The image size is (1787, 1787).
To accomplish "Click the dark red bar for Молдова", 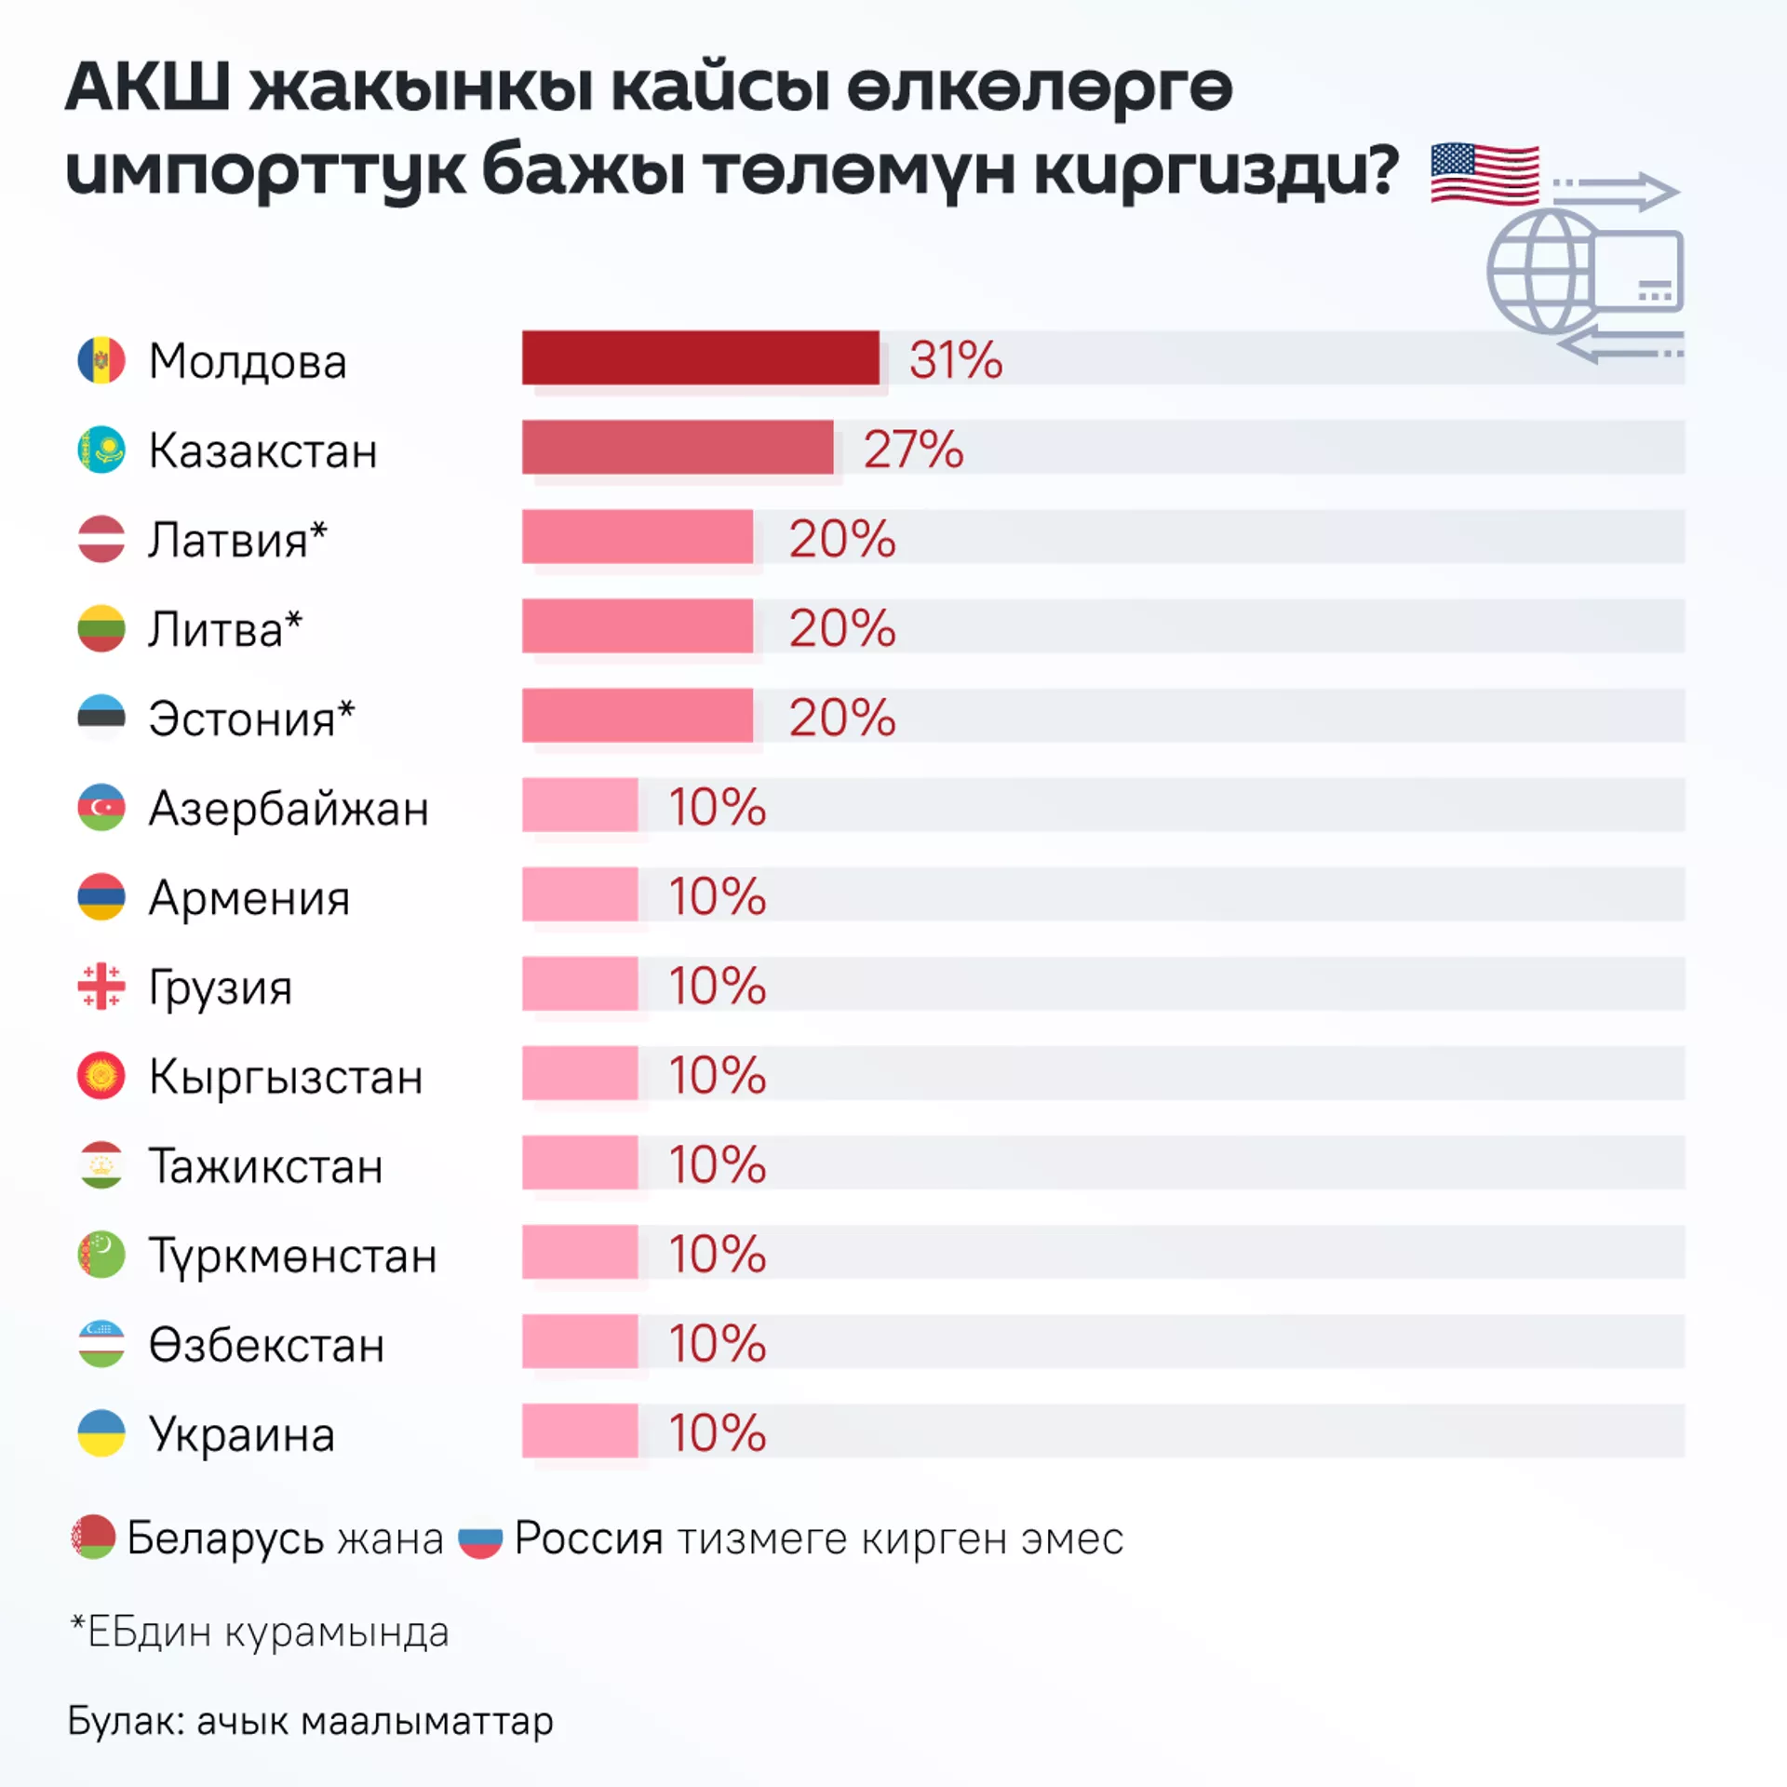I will (700, 357).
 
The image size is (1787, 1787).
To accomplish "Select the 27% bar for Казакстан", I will (677, 447).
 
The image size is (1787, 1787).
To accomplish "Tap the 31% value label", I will (955, 360).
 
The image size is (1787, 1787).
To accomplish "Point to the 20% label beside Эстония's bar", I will (841, 718).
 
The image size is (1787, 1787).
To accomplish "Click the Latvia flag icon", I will (101, 539).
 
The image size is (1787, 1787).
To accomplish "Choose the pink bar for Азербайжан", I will (580, 805).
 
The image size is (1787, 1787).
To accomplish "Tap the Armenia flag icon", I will (101, 896).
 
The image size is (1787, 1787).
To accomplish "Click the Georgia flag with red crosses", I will (101, 986).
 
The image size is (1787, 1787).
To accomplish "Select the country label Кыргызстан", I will (286, 1077).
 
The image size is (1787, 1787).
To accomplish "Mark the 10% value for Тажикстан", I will (717, 1164).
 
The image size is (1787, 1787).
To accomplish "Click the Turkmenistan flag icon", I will (101, 1254).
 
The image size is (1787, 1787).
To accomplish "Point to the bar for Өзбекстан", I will (580, 1341).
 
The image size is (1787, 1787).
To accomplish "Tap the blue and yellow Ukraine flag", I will (101, 1432).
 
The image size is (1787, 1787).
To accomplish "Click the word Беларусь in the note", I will (223, 1538).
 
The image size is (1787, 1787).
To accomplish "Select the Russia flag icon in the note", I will (480, 1539).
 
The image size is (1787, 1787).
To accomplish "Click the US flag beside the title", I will (1485, 173).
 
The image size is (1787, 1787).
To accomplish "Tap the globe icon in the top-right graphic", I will (1540, 272).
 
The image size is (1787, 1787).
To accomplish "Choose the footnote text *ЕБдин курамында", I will (260, 1632).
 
